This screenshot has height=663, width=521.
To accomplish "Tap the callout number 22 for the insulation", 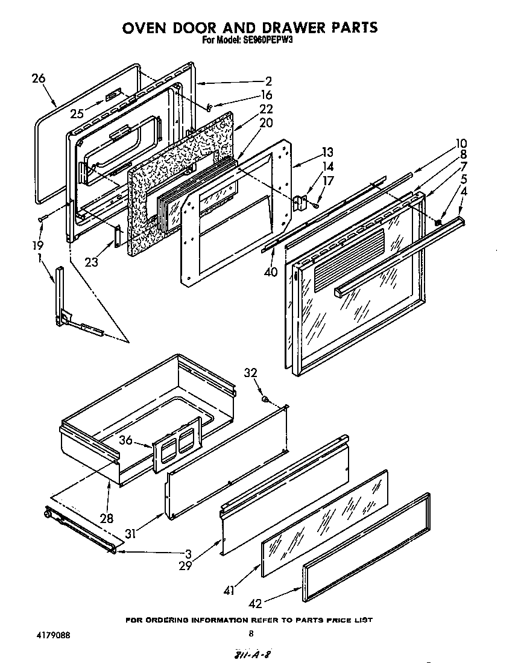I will point(266,109).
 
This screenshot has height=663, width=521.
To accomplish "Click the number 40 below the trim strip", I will point(271,271).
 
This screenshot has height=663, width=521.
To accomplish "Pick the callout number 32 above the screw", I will point(251,372).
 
